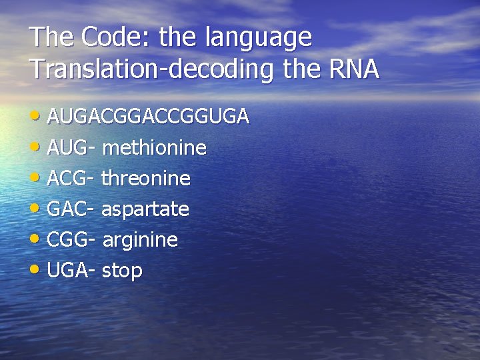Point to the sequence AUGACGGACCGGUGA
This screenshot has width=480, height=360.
[x=149, y=117]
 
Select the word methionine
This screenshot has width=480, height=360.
[x=155, y=148]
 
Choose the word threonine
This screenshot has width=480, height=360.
[x=146, y=179]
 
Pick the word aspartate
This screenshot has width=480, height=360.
[x=145, y=210]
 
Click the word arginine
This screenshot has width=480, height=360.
[x=140, y=241]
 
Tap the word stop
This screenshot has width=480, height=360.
[x=123, y=271]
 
